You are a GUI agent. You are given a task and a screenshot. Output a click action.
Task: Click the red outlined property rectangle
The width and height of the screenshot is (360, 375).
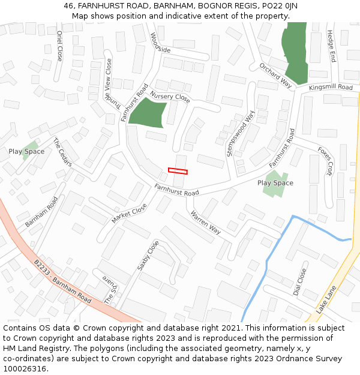(178, 171)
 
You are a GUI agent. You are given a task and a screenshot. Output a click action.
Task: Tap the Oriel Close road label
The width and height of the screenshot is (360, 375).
(59, 46)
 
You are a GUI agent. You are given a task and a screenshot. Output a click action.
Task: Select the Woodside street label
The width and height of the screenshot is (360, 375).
(160, 42)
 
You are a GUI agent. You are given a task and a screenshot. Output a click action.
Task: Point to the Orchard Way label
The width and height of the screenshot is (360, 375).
(275, 75)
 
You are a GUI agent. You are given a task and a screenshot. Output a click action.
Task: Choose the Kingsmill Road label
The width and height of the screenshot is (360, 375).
(331, 88)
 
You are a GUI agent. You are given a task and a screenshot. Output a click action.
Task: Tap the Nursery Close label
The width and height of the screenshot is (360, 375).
(170, 97)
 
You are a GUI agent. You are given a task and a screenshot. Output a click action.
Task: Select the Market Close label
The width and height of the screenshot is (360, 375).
(129, 213)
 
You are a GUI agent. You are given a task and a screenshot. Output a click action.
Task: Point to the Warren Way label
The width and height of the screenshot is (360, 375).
(206, 222)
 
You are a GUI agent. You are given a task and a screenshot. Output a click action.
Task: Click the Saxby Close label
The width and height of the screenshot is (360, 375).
(148, 255)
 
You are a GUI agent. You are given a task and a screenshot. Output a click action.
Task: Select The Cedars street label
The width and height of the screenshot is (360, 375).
(62, 152)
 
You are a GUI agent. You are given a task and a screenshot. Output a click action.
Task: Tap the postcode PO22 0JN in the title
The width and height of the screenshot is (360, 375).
(275, 6)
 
